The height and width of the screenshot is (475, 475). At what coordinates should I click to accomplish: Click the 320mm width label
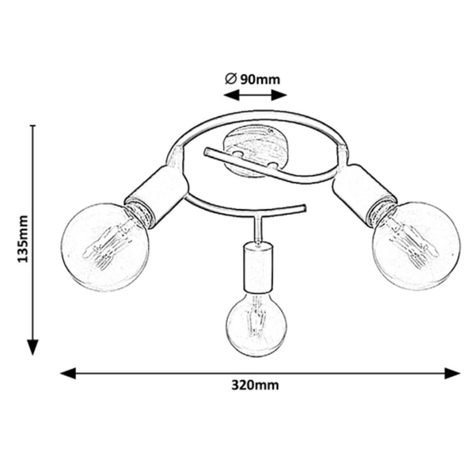pos(255,385)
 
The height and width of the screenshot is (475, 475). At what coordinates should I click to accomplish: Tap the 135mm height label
pos(22,239)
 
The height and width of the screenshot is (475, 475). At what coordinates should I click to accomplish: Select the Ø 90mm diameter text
pos(253,79)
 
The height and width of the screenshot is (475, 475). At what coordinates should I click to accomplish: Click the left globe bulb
pos(104,247)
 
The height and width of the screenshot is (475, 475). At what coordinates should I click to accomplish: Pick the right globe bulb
pos(416,246)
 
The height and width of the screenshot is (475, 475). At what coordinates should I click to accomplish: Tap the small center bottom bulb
pos(257,324)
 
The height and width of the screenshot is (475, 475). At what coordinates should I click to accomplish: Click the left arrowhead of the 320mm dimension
pos(68,373)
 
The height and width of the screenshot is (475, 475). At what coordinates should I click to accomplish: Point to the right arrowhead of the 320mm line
pos(453,373)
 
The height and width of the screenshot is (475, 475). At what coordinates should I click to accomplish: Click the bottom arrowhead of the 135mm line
pos(32,348)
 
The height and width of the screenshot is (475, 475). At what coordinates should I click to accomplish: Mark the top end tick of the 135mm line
pos(32,125)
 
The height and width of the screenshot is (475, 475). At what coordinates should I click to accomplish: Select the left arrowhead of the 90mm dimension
pos(231,95)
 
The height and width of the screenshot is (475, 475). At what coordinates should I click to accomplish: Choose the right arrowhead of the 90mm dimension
pos(279,95)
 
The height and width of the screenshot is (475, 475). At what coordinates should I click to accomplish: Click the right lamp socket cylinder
pos(364,195)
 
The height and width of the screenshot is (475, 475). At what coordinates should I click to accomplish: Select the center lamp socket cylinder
pos(258,268)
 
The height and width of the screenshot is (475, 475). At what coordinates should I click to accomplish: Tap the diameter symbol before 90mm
pos(230,79)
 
